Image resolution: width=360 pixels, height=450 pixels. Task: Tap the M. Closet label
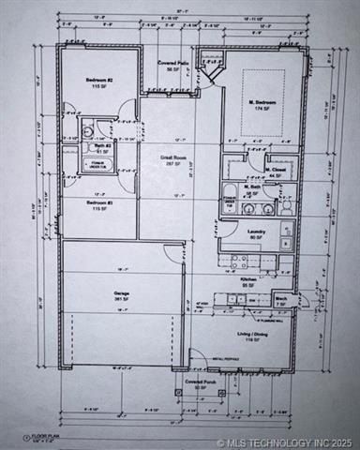pos(275,171)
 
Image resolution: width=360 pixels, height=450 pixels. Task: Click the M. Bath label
pos(251,187)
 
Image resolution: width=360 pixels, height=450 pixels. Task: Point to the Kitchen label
pos(248,280)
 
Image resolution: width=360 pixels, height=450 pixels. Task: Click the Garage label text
pos(121,293)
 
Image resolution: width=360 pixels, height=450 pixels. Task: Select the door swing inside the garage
pos(171,251)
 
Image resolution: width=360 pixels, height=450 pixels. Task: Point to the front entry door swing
pos(200,360)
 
